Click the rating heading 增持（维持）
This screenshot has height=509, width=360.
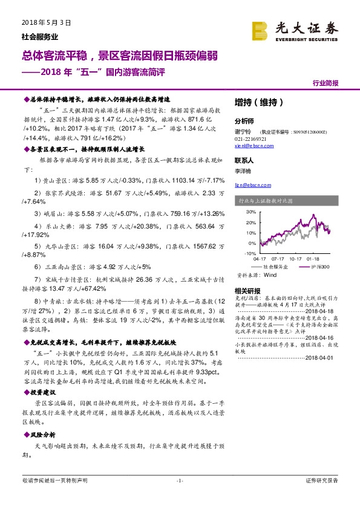258,103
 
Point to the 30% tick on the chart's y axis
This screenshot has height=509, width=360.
249,213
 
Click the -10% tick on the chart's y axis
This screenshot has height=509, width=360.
249,253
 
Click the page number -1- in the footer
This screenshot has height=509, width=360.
179,481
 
